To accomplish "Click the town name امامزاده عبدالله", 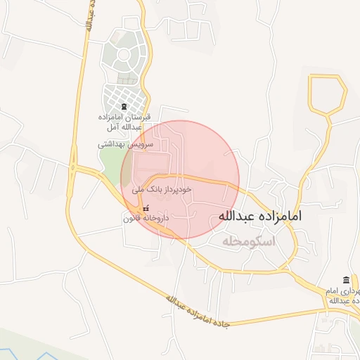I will tap(260, 216).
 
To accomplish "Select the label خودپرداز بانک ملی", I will tap(161, 190).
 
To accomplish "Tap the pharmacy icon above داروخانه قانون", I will tap(146, 209).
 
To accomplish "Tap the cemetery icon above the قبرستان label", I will tap(124, 107).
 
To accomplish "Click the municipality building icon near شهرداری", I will tap(345, 281).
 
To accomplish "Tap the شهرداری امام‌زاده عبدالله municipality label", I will tap(343, 296).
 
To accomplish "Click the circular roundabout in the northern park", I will tap(124, 55).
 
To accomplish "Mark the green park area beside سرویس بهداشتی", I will tap(110, 164).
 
